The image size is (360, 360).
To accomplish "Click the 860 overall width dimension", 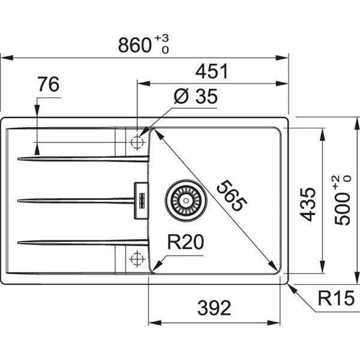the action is (134, 46).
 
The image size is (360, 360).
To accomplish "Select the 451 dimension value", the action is (212, 71).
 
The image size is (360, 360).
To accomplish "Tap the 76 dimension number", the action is (49, 84).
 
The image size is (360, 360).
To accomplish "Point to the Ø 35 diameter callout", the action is (196, 96).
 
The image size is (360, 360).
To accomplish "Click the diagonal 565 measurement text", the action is (232, 196).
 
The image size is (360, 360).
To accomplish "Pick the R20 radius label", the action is (185, 242).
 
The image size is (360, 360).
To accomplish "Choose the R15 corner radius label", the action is (336, 298).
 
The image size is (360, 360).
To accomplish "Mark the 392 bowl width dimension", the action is (214, 308).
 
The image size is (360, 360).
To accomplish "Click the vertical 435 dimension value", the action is (308, 205).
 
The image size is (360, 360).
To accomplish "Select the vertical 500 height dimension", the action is (343, 208).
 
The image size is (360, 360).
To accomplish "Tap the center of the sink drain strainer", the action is (186, 200).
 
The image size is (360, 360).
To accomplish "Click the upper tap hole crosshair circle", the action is (137, 142).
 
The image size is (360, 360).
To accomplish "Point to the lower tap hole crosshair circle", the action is (137, 259).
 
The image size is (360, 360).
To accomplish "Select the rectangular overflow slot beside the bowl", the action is (141, 200).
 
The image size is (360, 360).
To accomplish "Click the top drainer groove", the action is (83, 158).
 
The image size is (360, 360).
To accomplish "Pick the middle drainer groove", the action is (76, 200).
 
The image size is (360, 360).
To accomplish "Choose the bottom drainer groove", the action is (83, 242).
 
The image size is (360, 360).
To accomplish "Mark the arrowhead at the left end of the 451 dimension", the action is (143, 83).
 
